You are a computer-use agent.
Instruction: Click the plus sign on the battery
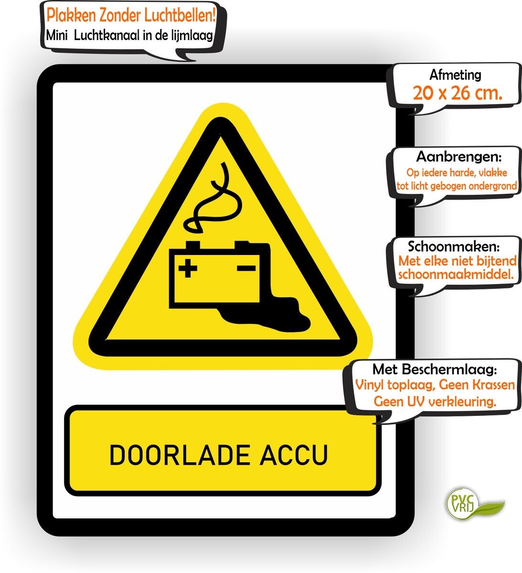coord(188,268)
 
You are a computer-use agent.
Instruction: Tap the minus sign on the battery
coord(246,268)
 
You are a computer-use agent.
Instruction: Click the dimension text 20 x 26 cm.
coord(458,93)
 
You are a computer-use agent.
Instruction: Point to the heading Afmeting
coord(456,75)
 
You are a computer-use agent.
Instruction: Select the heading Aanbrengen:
coord(458,157)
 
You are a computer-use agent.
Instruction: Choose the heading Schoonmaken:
coord(454,246)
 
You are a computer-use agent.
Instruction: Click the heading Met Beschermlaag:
coord(435,370)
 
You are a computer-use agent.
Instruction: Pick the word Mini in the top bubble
coord(56,36)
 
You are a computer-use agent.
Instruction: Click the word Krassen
coord(493,385)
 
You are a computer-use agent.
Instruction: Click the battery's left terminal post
coord(193,245)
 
